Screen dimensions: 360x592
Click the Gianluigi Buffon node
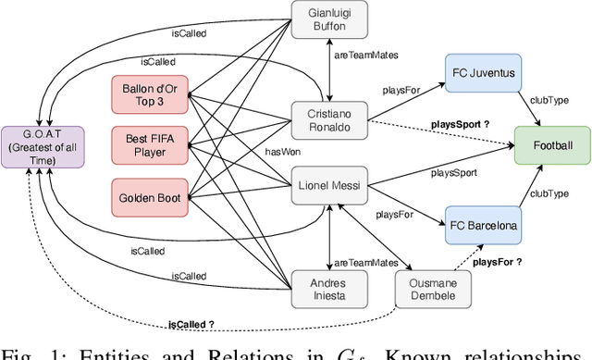[328, 20]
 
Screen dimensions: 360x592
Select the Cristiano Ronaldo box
[328, 119]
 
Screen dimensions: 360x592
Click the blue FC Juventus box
[481, 71]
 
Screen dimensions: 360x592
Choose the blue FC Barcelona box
[481, 225]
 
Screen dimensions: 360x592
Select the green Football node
[551, 145]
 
